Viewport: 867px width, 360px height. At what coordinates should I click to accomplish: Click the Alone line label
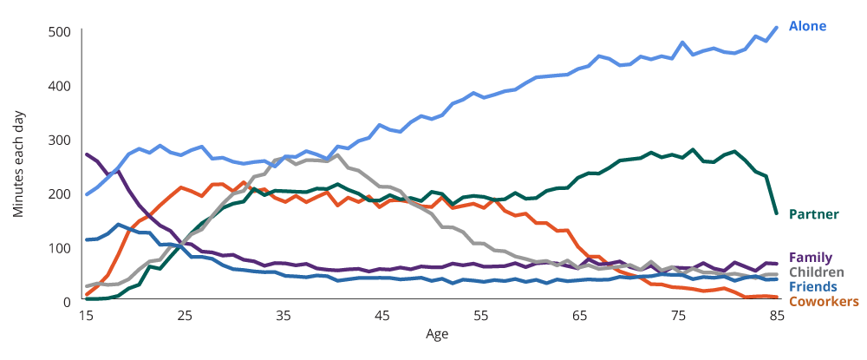tap(807, 26)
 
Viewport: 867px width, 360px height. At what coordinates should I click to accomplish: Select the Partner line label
tap(813, 214)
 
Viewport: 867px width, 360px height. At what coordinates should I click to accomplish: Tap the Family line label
tap(810, 258)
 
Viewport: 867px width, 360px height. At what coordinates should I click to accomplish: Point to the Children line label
tap(815, 272)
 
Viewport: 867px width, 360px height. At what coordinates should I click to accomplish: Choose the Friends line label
tap(812, 286)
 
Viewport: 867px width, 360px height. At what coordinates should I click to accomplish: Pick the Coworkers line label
tap(824, 301)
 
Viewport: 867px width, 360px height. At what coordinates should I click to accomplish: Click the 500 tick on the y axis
tap(59, 33)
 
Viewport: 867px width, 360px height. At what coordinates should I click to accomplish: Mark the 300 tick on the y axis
tap(59, 141)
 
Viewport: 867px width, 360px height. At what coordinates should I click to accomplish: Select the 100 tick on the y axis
tap(59, 249)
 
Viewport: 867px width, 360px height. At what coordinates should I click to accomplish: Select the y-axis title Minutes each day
tap(19, 165)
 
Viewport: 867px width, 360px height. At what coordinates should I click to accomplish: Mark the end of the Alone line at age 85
tap(777, 27)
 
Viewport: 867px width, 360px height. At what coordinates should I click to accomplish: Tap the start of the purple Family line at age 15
tap(86, 154)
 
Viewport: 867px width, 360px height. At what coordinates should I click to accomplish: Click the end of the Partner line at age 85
tap(777, 213)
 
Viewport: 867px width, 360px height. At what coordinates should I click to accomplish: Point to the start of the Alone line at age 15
tap(86, 195)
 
